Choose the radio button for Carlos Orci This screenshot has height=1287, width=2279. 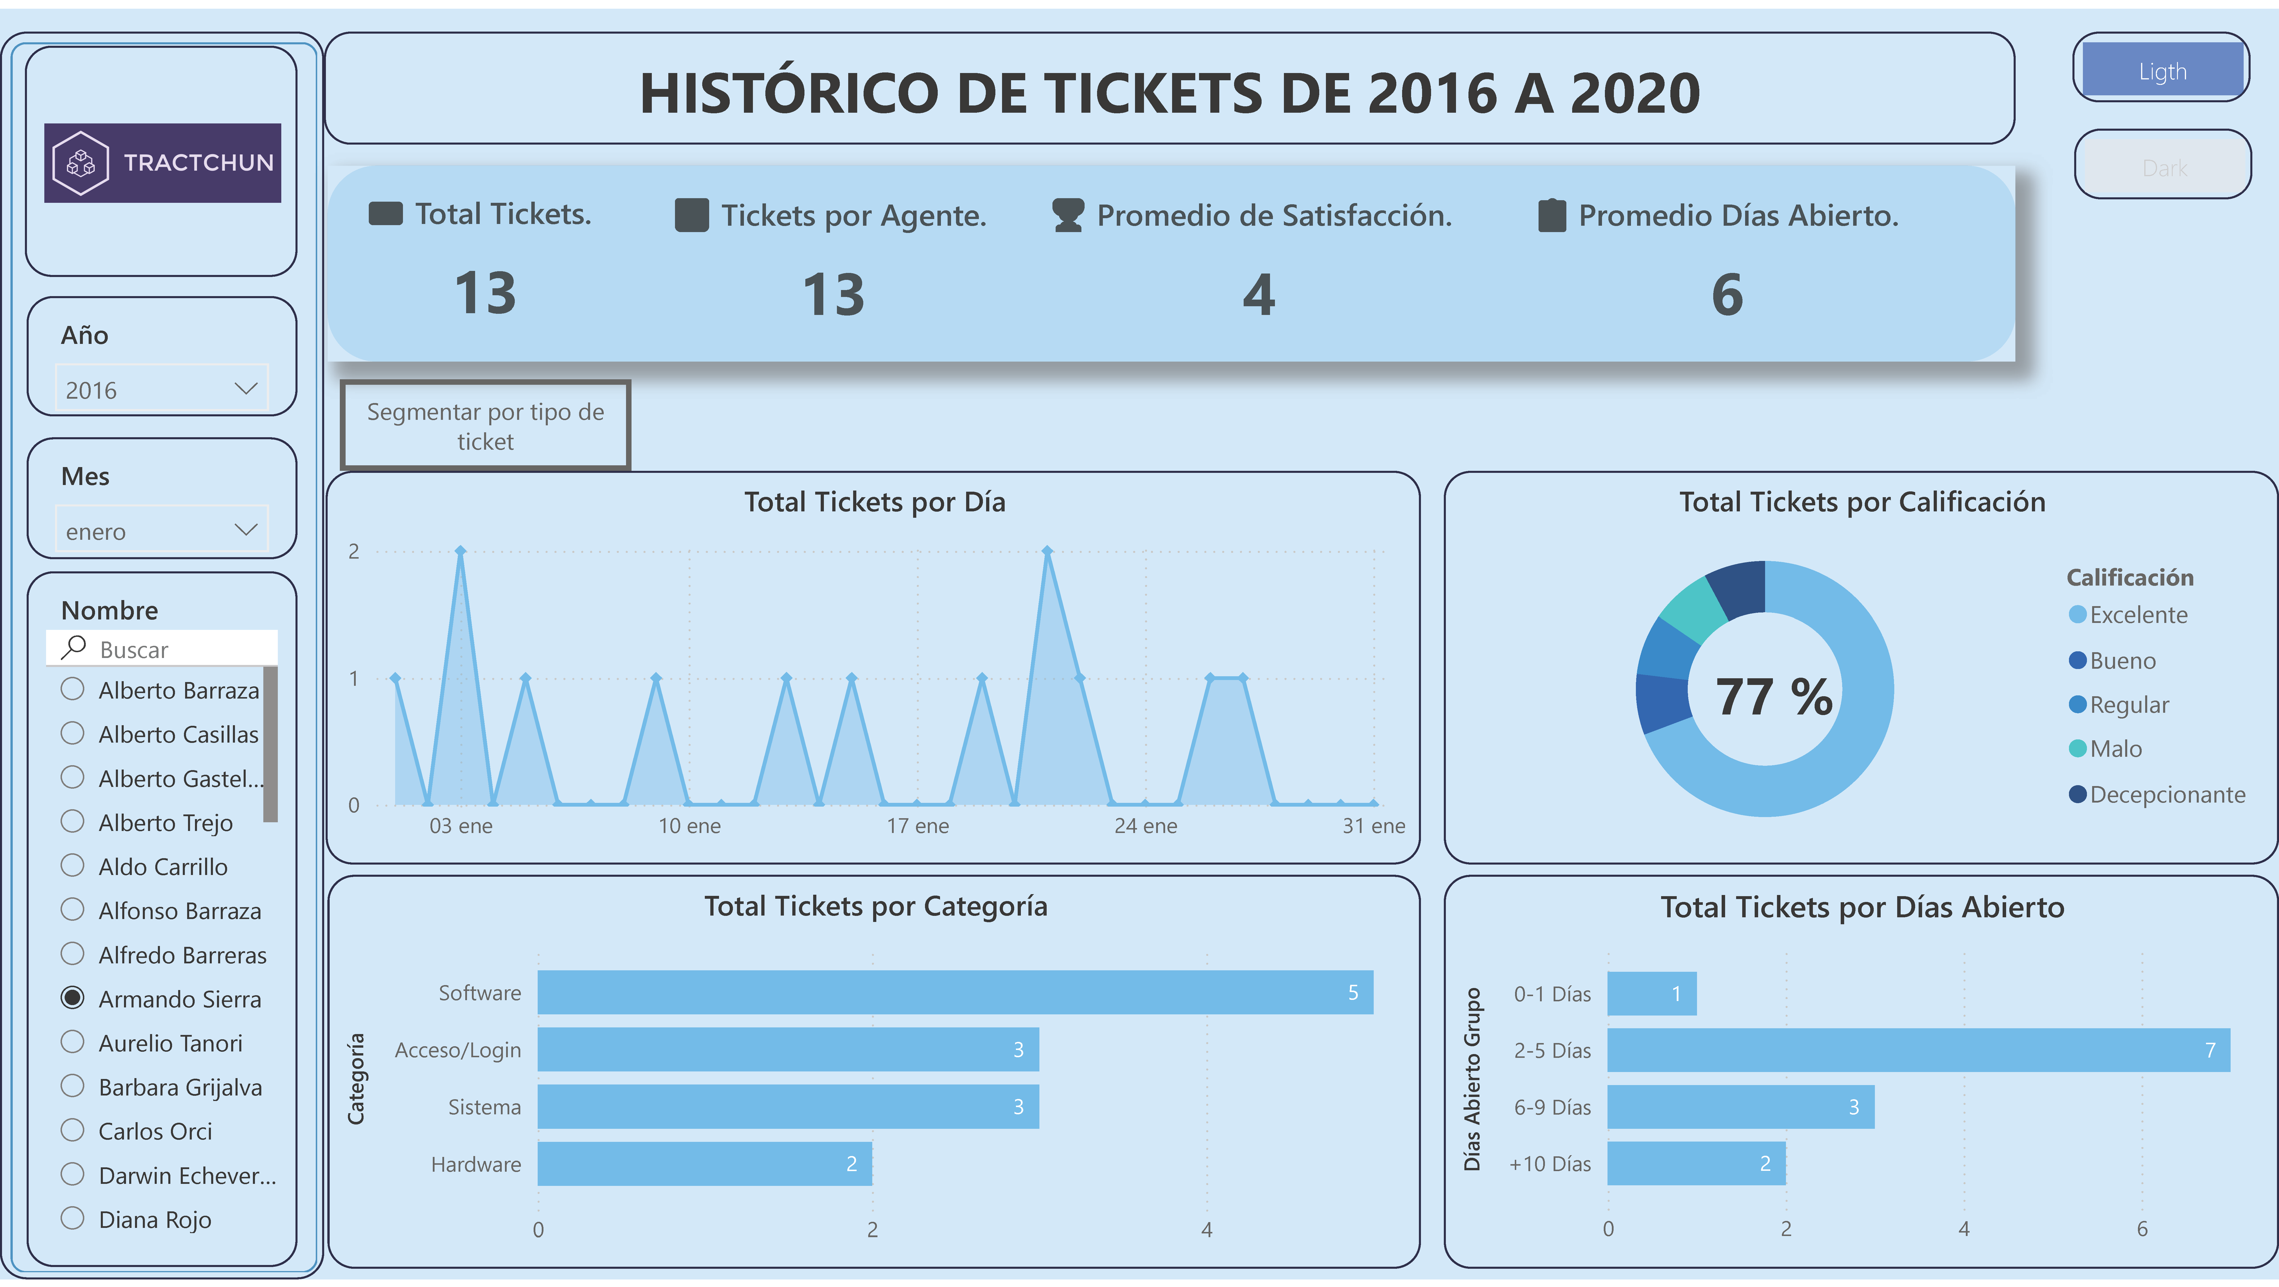[x=72, y=1131]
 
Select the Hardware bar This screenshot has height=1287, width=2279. [x=704, y=1164]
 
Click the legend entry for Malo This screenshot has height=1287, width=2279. [x=2115, y=749]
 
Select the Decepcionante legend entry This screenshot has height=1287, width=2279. [x=2167, y=794]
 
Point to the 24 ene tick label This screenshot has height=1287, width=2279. [x=1146, y=826]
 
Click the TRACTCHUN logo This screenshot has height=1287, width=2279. [x=163, y=163]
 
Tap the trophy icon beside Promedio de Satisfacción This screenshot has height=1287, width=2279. [x=1068, y=215]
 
